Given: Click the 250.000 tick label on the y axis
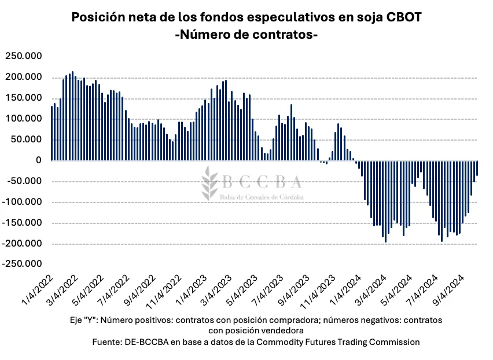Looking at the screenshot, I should point(24,56).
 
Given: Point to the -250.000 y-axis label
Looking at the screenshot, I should point(23,265).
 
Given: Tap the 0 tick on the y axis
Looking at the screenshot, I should point(39,160).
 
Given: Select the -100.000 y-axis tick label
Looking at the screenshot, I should point(23,202).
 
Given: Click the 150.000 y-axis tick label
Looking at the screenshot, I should point(24,98).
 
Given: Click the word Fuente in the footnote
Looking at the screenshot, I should point(108,342).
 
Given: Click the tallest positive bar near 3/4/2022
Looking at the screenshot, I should point(72,116).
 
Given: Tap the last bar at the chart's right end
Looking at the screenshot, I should point(477,168).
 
